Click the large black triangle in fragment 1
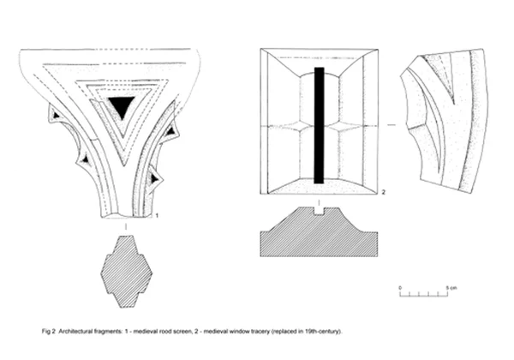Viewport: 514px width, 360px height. pyautogui.click(x=121, y=106)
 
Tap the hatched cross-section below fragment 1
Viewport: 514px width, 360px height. pyautogui.click(x=126, y=276)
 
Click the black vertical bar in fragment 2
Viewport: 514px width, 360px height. pyautogui.click(x=320, y=124)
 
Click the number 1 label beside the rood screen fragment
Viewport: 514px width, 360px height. pyautogui.click(x=158, y=216)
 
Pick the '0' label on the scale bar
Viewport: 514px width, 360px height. pyautogui.click(x=401, y=285)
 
